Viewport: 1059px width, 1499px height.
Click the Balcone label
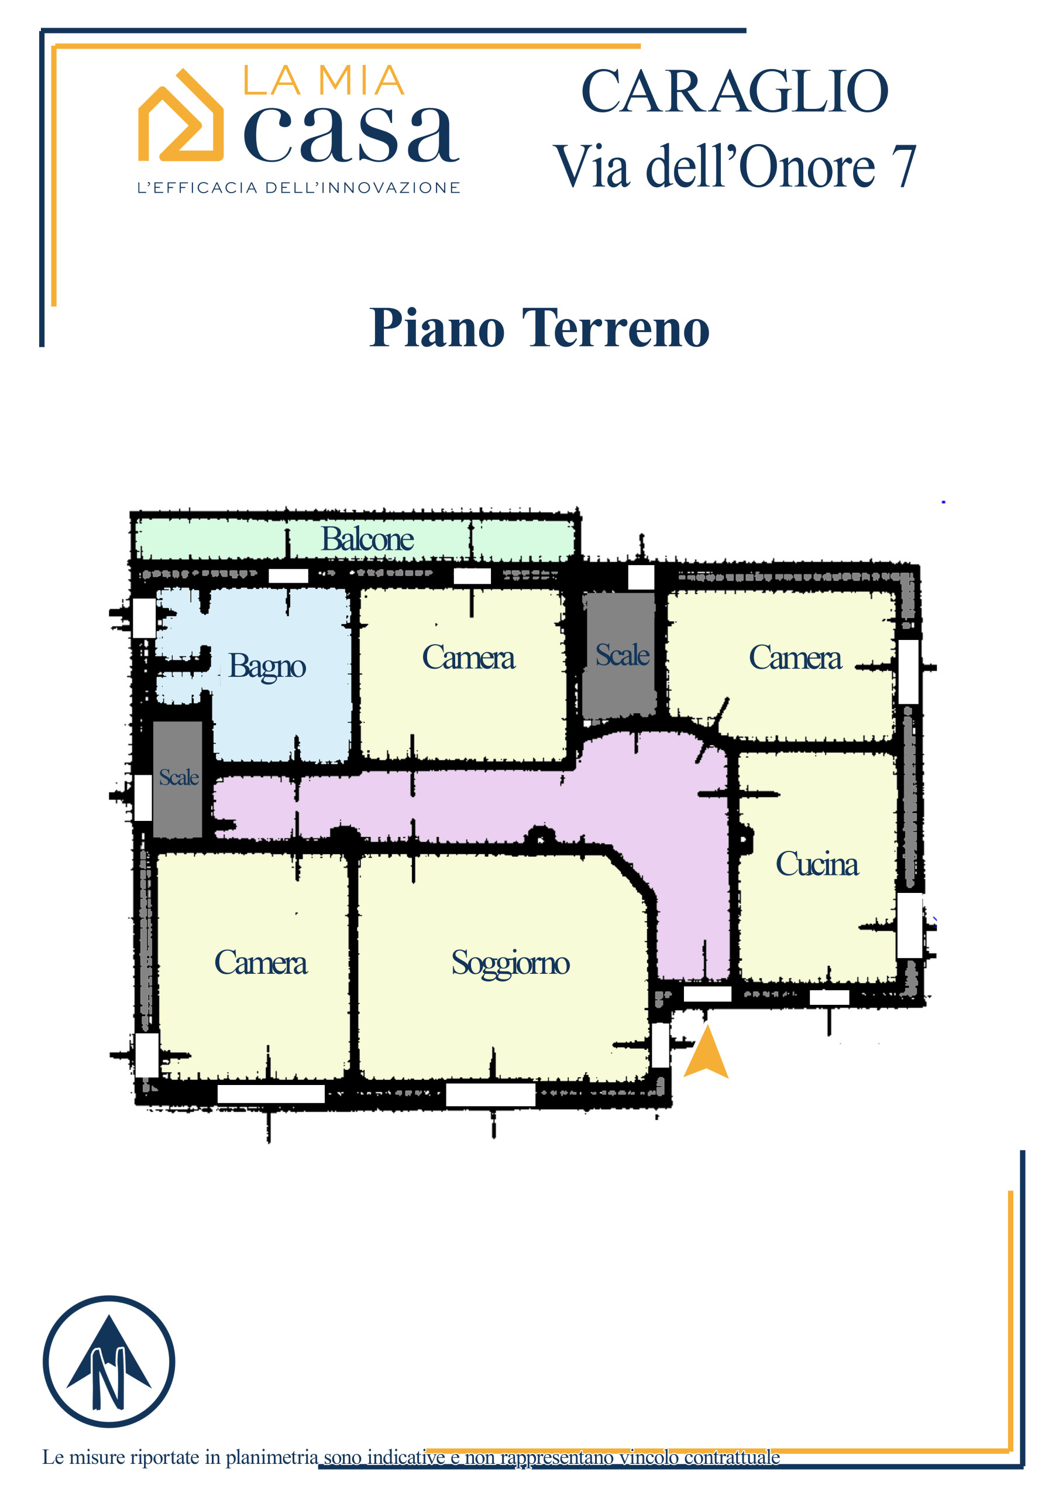[367, 539]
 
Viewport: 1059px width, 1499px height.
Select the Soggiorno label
[510, 964]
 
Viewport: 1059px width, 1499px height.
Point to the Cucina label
[817, 864]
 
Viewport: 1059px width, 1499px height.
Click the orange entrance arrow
[706, 1051]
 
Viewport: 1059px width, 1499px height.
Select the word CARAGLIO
[735, 92]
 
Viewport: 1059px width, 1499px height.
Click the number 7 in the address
[905, 166]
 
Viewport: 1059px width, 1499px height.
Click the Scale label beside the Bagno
[179, 777]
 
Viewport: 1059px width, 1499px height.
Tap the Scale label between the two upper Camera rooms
[622, 655]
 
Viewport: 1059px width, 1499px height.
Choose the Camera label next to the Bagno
[469, 658]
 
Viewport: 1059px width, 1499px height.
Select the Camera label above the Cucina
[795, 658]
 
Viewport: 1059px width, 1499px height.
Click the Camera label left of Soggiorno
[261, 963]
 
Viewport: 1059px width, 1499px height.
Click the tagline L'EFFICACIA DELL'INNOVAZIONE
[299, 188]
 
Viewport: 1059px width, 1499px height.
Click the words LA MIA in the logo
[324, 80]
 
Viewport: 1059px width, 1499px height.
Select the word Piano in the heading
[437, 328]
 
